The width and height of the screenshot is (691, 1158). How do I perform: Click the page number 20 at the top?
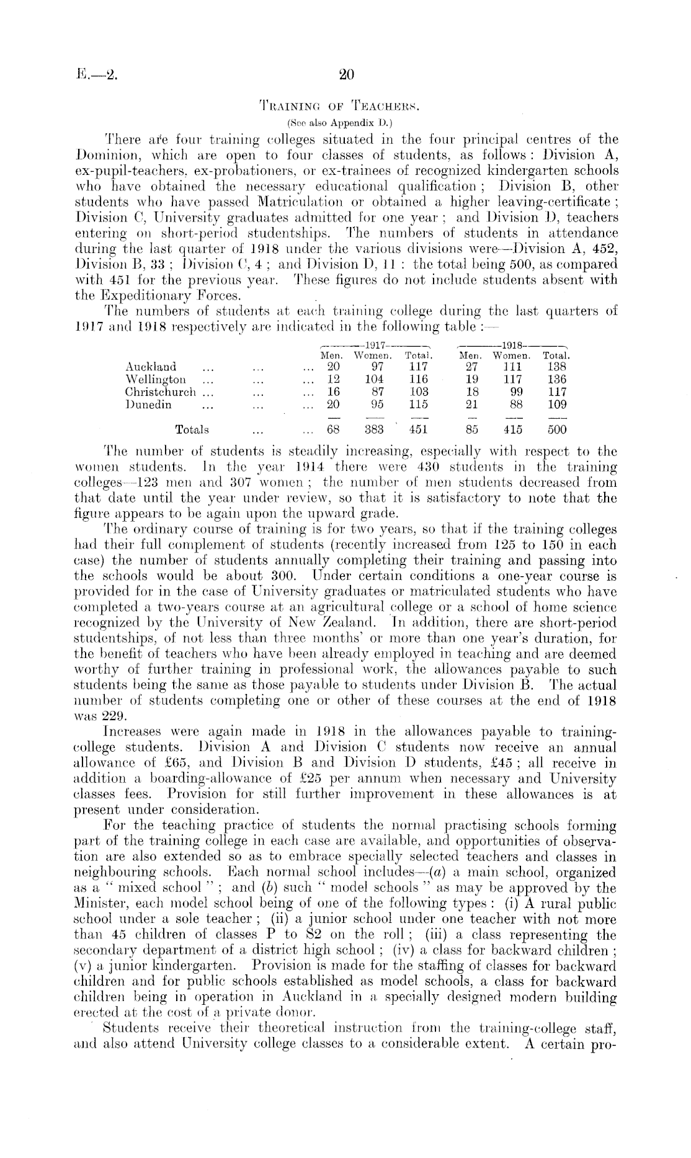pos(346,75)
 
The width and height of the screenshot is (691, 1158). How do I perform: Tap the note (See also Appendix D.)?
pos(345,120)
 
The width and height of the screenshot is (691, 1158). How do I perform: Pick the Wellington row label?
pos(155,379)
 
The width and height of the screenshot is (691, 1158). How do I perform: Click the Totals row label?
pos(192,429)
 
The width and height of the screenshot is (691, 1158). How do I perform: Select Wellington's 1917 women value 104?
pos(373,379)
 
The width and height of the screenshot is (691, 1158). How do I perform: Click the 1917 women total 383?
pos(373,429)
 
